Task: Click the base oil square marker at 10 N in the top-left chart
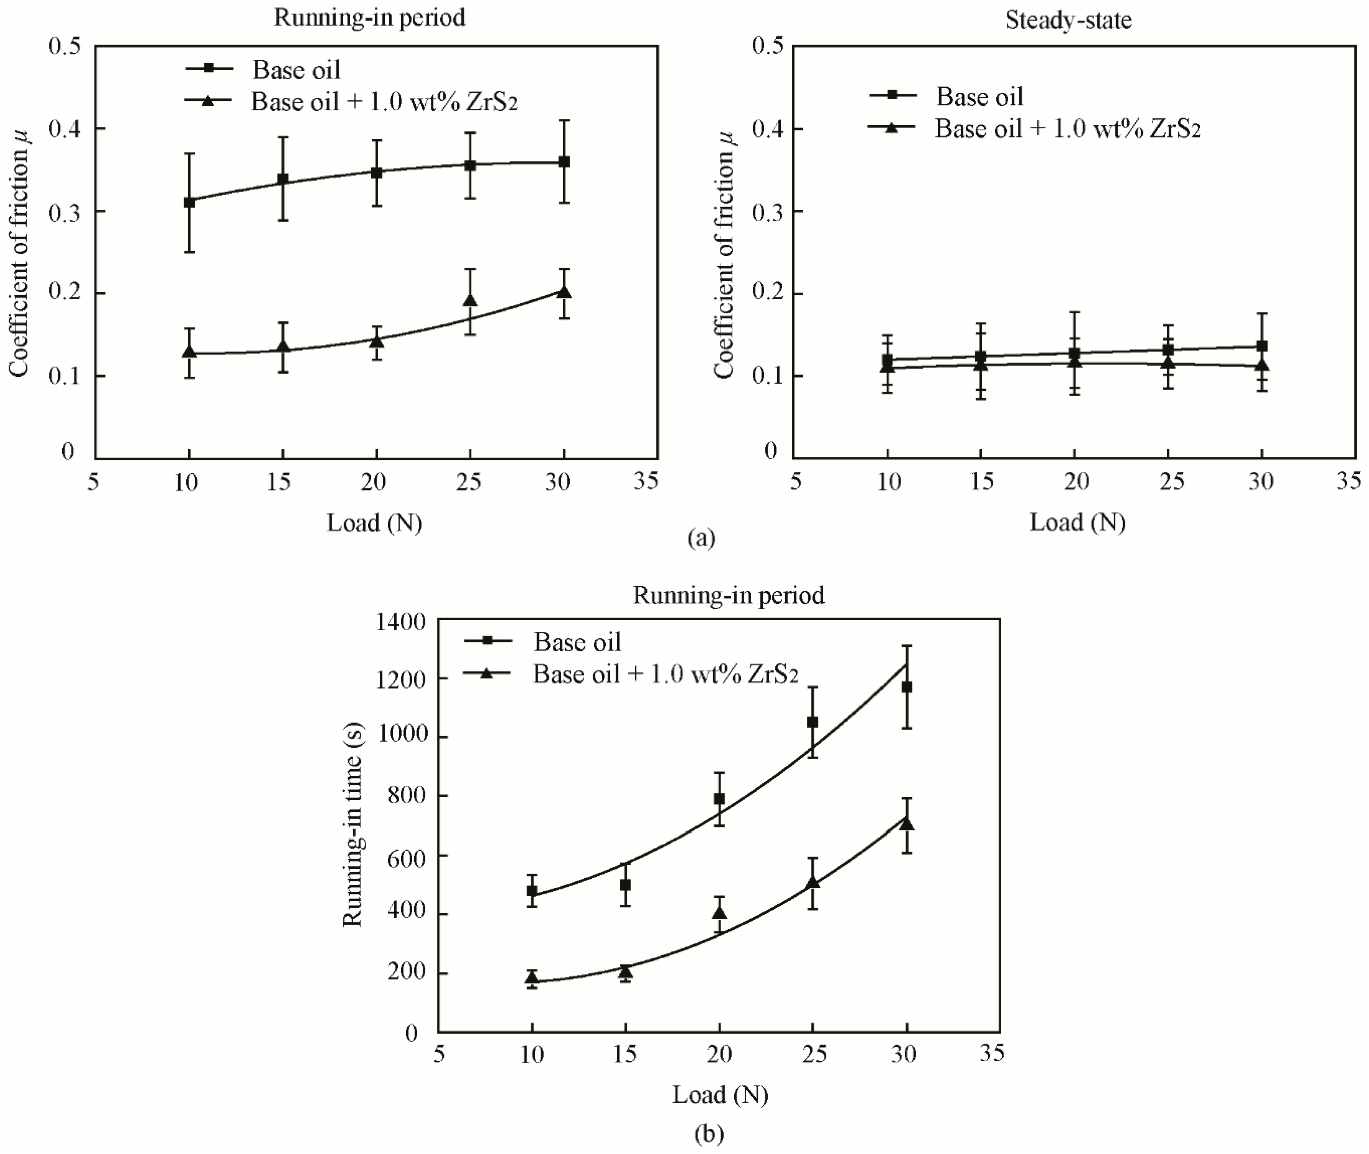pyautogui.click(x=189, y=202)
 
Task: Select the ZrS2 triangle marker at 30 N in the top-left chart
pyautogui.click(x=564, y=292)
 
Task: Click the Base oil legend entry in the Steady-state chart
pyautogui.click(x=979, y=97)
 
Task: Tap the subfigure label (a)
pyautogui.click(x=701, y=538)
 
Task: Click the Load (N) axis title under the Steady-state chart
pyautogui.click(x=1077, y=522)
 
